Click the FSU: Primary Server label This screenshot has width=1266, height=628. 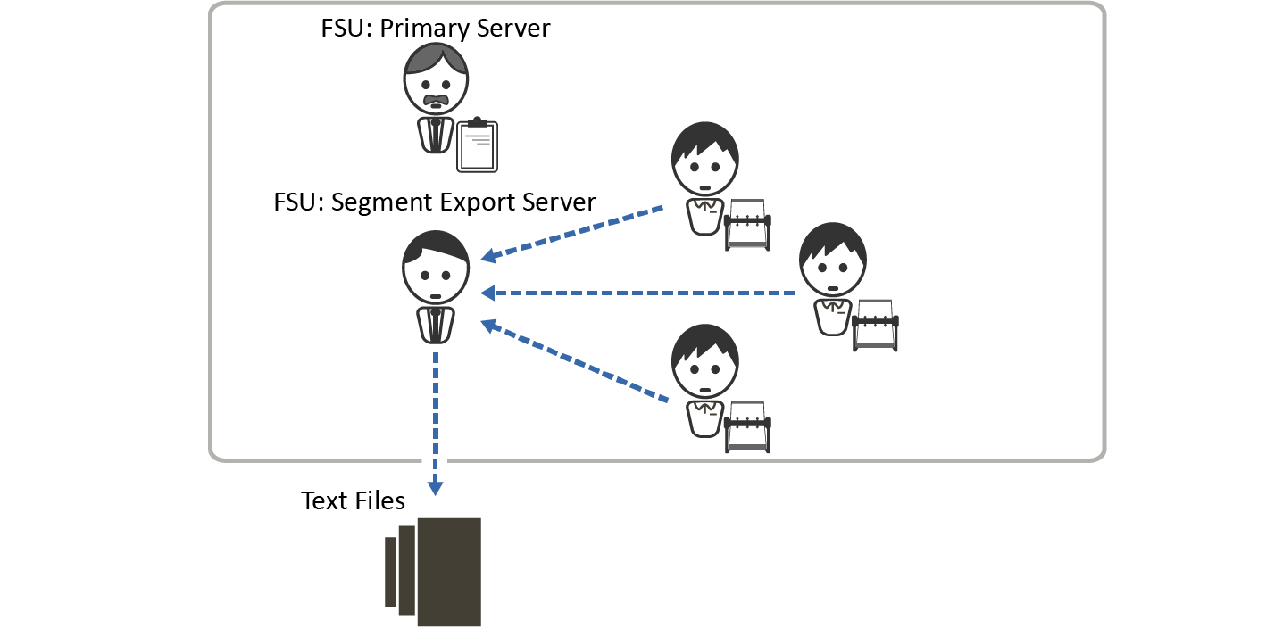coord(436,28)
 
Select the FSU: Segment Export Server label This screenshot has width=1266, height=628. coord(435,202)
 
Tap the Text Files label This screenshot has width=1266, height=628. coord(353,500)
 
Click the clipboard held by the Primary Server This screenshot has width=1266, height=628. coord(477,145)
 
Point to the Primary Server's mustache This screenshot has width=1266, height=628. coord(436,98)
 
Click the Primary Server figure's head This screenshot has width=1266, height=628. coord(436,78)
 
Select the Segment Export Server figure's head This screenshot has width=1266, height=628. coord(436,268)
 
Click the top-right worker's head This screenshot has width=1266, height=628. coord(704,160)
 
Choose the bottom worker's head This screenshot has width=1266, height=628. coord(704,361)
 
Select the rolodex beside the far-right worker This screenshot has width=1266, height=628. coord(875,325)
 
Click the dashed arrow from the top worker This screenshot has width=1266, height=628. coord(573,234)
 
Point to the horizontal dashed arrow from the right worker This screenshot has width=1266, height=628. coord(637,293)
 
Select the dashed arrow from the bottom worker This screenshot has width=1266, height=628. coord(575,361)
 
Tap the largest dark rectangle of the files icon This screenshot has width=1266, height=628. coord(449,571)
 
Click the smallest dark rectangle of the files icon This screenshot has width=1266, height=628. coord(390,572)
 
